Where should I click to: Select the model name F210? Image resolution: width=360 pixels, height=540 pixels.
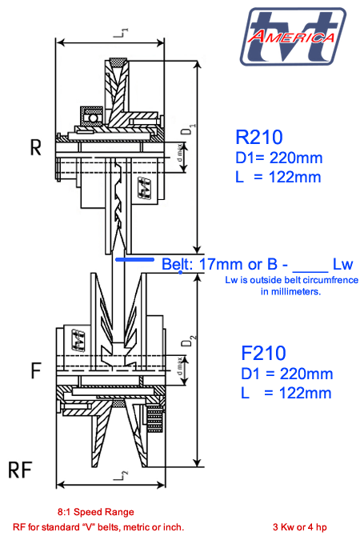pos(263,352)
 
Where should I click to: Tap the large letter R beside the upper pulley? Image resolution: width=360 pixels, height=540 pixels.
pos(35,148)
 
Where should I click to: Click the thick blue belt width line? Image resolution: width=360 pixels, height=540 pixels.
pos(134,259)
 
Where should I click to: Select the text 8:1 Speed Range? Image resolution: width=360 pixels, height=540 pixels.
pos(95,511)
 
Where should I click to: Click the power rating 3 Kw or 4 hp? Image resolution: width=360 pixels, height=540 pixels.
pos(300,527)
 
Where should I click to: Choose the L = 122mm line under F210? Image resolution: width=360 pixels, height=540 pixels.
pos(286,393)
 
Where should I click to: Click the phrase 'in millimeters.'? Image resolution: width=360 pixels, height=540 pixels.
pos(290,292)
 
